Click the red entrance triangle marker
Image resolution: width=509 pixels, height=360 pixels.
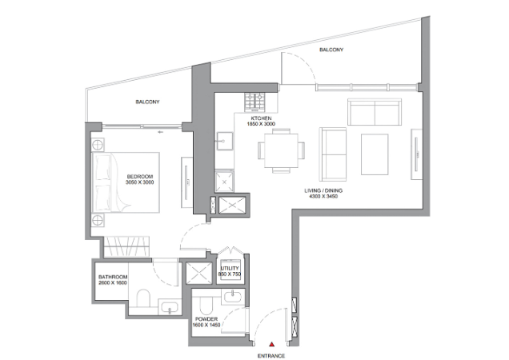(272, 345)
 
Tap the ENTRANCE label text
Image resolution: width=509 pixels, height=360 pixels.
(271, 356)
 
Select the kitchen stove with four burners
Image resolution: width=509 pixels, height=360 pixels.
(254, 102)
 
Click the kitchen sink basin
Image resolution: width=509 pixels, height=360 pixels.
(225, 142)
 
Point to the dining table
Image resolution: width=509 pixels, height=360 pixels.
(281, 150)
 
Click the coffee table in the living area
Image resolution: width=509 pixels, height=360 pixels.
(375, 154)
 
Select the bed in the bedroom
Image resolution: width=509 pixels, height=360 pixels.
(126, 182)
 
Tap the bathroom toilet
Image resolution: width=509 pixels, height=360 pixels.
(143, 298)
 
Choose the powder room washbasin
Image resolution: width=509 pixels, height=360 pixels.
(232, 297)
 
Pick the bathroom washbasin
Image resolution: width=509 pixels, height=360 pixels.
(170, 306)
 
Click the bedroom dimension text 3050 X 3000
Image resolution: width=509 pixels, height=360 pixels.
(139, 182)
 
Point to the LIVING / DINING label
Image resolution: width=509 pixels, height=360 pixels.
(323, 190)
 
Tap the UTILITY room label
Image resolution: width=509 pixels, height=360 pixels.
(230, 269)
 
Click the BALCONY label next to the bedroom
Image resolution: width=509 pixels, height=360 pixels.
(147, 102)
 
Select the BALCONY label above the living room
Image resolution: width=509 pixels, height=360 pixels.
(331, 50)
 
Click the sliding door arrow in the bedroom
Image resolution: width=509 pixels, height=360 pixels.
(160, 132)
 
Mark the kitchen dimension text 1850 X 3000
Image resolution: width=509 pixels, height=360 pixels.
(261, 124)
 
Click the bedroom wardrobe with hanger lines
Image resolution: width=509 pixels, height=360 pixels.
(126, 246)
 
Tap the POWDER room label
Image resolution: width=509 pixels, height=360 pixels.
(206, 319)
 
